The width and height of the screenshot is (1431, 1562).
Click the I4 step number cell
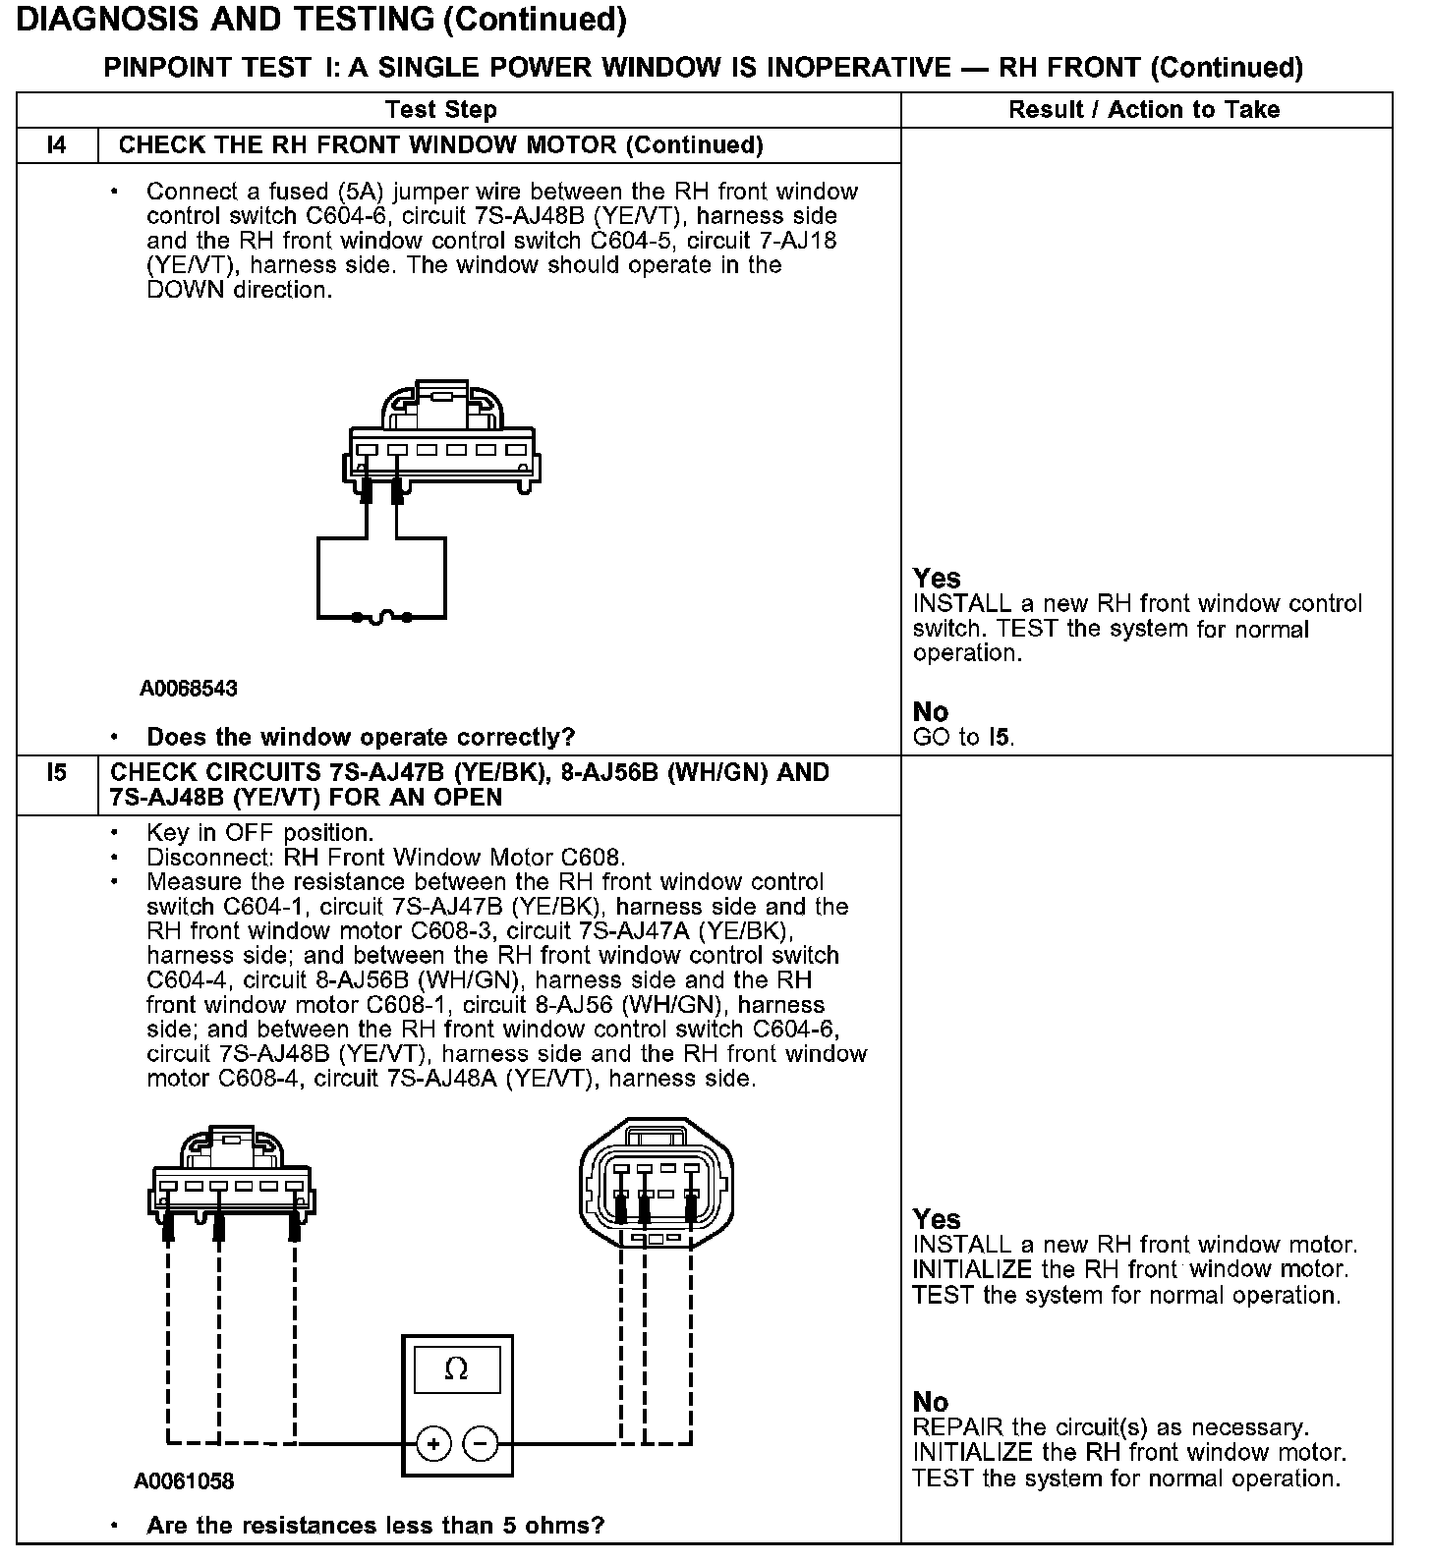pos(57,145)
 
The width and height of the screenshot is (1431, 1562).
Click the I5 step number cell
pos(57,773)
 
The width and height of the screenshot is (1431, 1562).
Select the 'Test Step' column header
pos(441,110)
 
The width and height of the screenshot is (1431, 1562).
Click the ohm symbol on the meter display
pos(456,1368)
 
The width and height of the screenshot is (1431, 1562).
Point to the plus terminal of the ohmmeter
pos(433,1443)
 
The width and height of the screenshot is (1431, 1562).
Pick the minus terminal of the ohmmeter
pos(480,1443)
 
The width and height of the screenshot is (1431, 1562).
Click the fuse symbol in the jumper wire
pos(382,617)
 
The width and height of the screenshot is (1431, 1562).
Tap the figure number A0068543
pos(189,689)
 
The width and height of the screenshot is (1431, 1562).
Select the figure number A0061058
pos(185,1480)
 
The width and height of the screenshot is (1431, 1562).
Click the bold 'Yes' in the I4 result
pos(936,578)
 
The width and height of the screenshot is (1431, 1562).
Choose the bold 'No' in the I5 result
pos(930,1402)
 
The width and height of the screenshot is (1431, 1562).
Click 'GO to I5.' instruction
pos(963,737)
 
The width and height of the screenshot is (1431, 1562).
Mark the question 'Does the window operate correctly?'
pos(361,737)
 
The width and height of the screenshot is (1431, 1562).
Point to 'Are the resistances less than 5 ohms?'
pos(374,1526)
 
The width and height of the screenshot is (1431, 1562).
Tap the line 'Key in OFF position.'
pos(259,833)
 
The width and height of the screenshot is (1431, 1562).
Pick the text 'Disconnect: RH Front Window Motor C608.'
pos(385,858)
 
